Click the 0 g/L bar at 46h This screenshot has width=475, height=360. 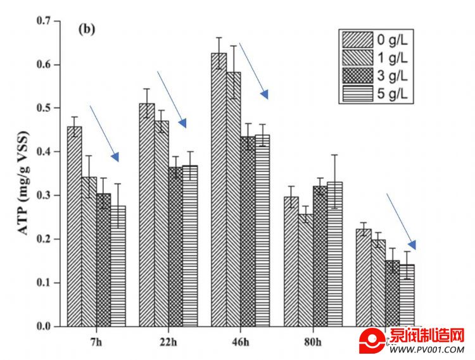219,190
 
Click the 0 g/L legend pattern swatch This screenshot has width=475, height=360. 357,40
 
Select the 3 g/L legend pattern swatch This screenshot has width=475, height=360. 357,77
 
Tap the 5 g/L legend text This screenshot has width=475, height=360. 393,94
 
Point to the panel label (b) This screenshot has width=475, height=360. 85,29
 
